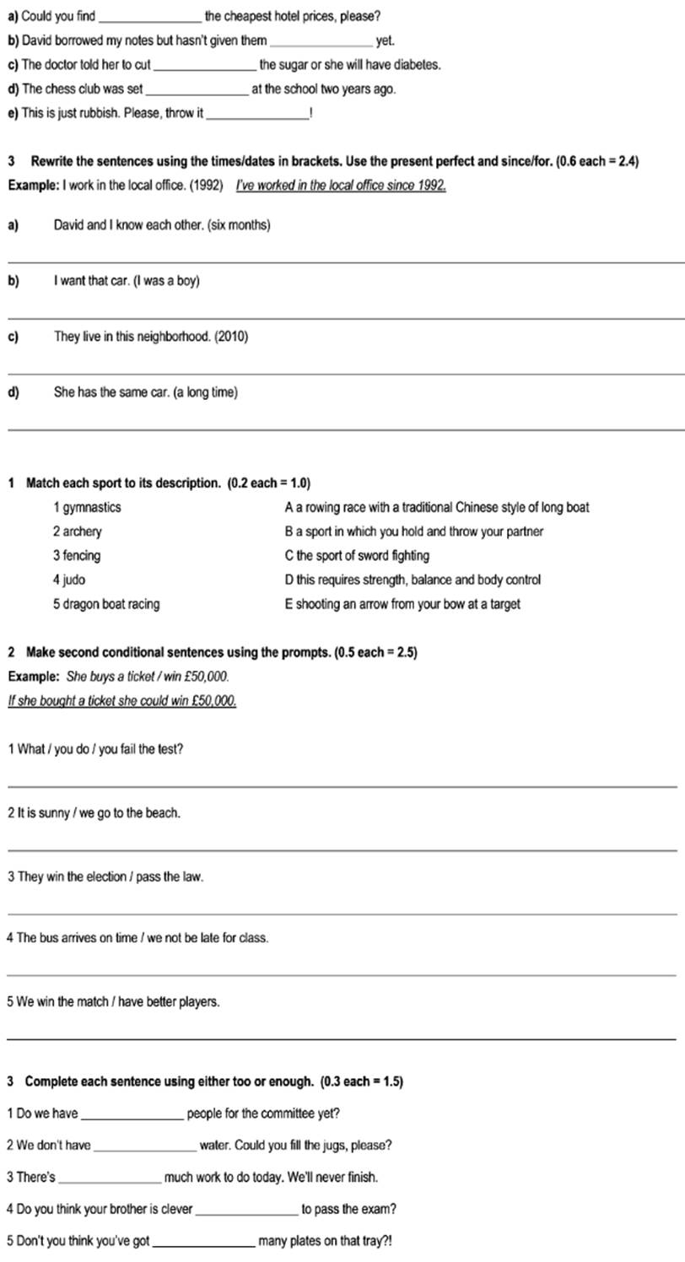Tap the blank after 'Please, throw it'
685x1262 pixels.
(x=257, y=114)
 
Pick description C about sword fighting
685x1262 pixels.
(x=358, y=556)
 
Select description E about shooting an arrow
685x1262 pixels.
(x=403, y=604)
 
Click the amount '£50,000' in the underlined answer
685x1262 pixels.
(x=214, y=701)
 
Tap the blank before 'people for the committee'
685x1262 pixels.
(x=132, y=1114)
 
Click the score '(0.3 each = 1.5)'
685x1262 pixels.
(x=362, y=1081)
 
